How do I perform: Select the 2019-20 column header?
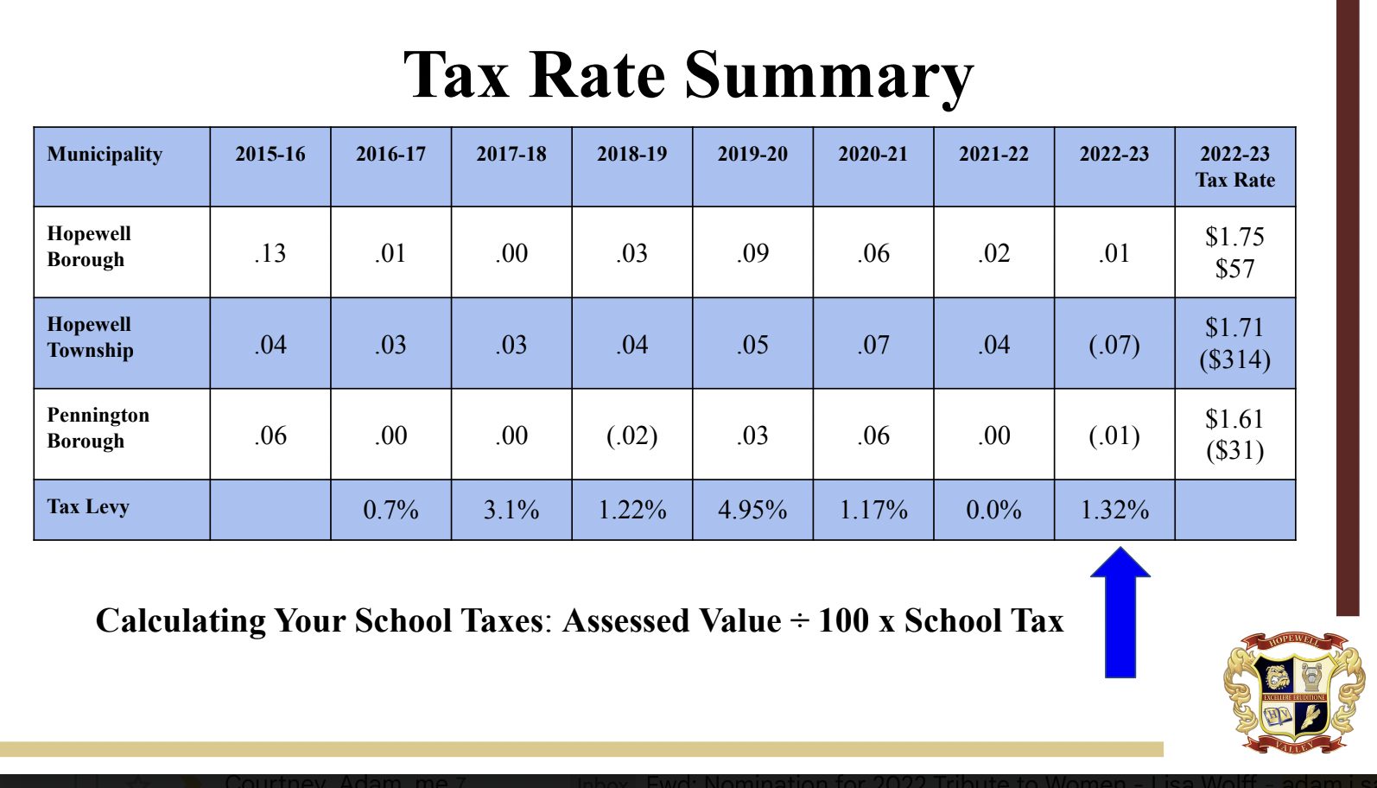752,155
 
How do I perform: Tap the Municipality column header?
105,155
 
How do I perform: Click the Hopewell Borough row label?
89,246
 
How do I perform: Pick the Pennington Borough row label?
98,428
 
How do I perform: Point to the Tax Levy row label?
88,507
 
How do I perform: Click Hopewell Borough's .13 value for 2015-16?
270,253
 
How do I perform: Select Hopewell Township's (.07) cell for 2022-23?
1114,345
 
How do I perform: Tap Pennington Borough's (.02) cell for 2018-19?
632,435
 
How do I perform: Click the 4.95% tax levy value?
752,510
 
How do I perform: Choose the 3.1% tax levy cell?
511,510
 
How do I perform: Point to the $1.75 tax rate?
1234,237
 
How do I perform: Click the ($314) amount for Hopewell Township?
1234,359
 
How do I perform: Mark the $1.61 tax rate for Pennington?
1234,419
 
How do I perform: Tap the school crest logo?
1293,691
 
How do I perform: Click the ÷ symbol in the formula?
799,621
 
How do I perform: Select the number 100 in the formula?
843,621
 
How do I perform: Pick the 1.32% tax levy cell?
1114,510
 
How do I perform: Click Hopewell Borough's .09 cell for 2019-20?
752,253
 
